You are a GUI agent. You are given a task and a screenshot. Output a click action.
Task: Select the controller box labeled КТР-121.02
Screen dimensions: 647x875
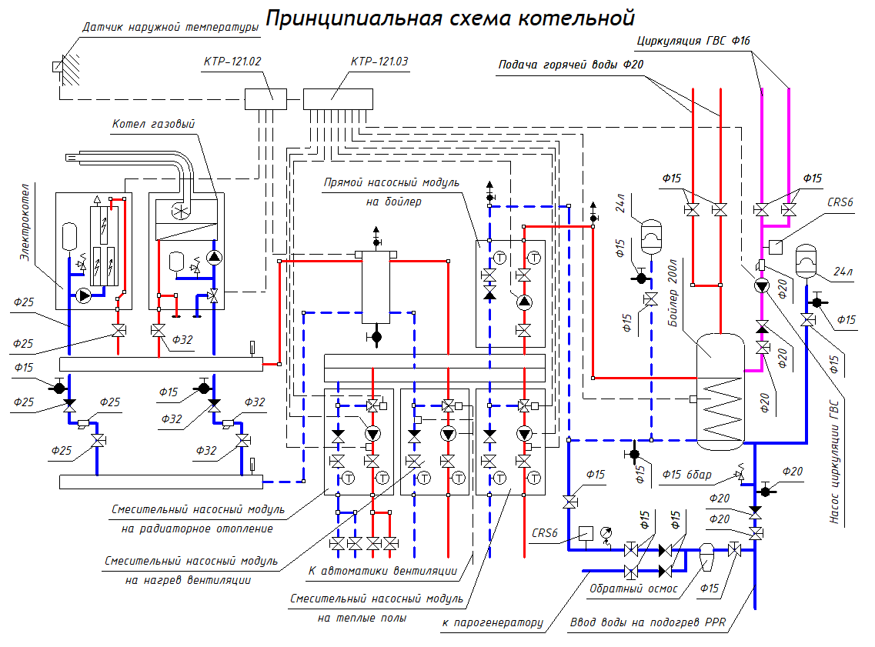pyautogui.click(x=266, y=98)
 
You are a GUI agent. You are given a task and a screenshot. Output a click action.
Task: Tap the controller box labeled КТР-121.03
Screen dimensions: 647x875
pyautogui.click(x=337, y=98)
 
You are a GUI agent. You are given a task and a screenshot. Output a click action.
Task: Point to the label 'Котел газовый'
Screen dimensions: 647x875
pyautogui.click(x=153, y=123)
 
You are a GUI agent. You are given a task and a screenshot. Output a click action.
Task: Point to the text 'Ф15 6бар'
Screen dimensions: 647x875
pyautogui.click(x=686, y=473)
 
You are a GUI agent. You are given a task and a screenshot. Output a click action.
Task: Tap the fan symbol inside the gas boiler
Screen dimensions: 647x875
pyautogui.click(x=182, y=211)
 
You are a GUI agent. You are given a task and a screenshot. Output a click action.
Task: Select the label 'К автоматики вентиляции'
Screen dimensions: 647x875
pyautogui.click(x=382, y=571)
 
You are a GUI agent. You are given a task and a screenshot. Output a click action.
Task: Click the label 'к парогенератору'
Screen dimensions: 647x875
pyautogui.click(x=493, y=622)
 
